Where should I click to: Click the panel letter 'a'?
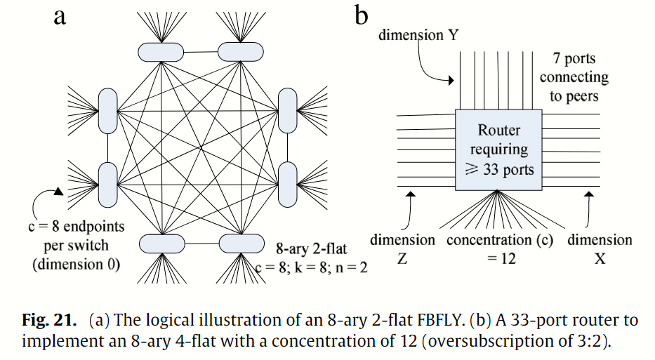pos(60,16)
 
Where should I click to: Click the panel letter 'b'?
pos(362,15)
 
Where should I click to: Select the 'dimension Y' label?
pos(418,34)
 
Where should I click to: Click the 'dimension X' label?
pos(600,249)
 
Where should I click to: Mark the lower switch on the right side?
pos(288,183)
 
